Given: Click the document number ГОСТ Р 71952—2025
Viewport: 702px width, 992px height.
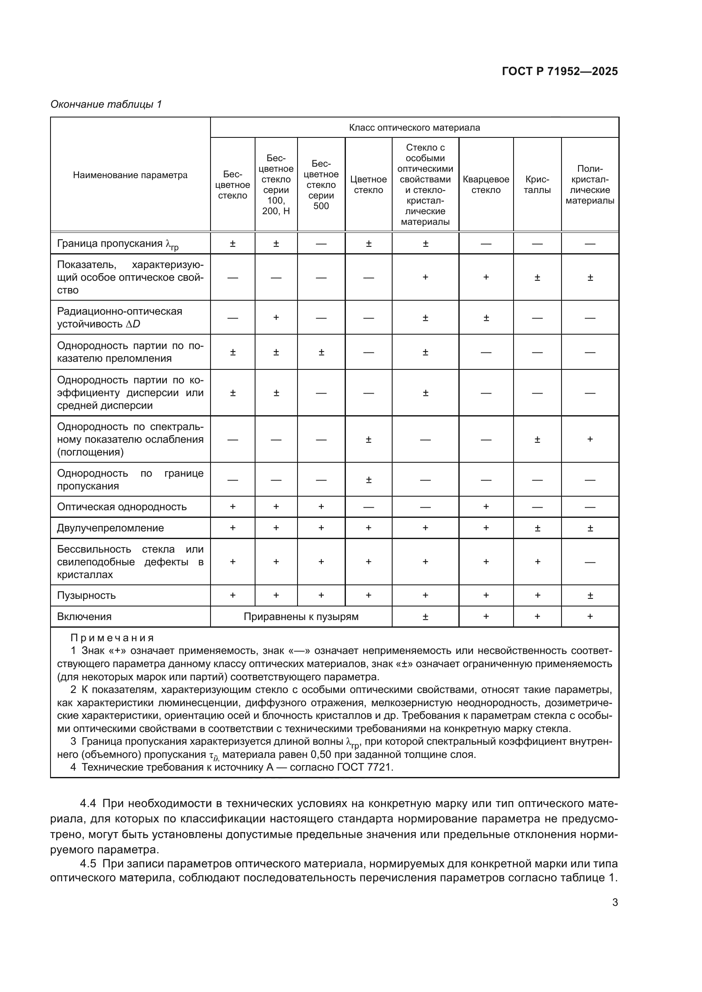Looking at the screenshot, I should pyautogui.click(x=560, y=71).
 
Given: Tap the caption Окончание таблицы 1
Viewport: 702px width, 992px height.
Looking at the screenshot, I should pyautogui.click(x=106, y=104).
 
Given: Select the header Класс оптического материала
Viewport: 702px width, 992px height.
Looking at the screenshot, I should pyautogui.click(x=414, y=128).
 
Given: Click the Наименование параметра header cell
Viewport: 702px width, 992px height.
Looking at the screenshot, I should pyautogui.click(x=130, y=175).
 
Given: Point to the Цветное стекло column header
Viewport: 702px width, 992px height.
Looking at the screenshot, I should pyautogui.click(x=368, y=184).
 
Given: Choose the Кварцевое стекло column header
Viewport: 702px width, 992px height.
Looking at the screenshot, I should pyautogui.click(x=486, y=184).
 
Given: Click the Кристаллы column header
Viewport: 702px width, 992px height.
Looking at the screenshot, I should pyautogui.click(x=537, y=184).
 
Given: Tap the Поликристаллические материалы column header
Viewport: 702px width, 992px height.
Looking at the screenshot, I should pyautogui.click(x=590, y=184).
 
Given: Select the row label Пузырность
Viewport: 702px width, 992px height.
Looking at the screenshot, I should pyautogui.click(x=87, y=595).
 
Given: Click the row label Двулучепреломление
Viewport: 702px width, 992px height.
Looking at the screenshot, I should pyautogui.click(x=110, y=528).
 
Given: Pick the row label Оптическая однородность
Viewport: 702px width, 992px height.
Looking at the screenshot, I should pyautogui.click(x=121, y=507).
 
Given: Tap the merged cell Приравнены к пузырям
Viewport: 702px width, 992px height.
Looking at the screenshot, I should pyautogui.click(x=301, y=617).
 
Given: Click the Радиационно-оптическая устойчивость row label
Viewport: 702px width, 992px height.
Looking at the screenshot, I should pyautogui.click(x=119, y=318).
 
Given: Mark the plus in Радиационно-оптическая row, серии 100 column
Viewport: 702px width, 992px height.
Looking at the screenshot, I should pyautogui.click(x=276, y=318).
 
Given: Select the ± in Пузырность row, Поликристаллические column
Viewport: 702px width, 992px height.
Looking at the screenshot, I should pyautogui.click(x=590, y=595).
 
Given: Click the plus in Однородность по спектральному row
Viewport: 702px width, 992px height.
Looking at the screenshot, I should pyautogui.click(x=590, y=439).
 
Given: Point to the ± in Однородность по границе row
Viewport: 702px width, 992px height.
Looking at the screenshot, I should pyautogui.click(x=368, y=480).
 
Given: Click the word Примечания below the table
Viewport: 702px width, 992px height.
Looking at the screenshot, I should pyautogui.click(x=112, y=638).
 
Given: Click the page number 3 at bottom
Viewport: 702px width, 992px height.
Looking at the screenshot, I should pyautogui.click(x=615, y=902).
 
